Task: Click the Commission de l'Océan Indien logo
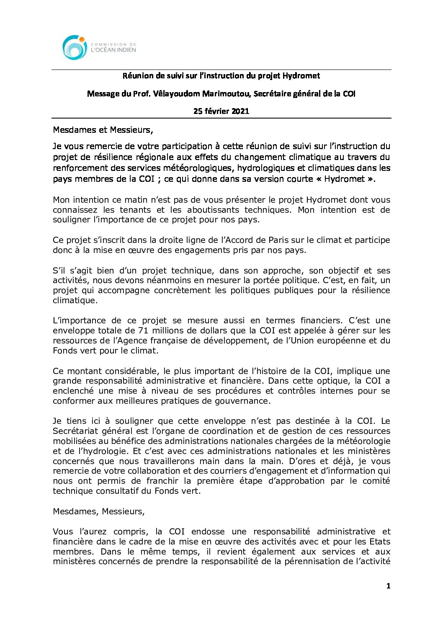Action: pyautogui.click(x=99, y=47)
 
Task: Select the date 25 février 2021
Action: pyautogui.click(x=221, y=111)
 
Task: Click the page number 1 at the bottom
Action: pyautogui.click(x=388, y=586)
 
